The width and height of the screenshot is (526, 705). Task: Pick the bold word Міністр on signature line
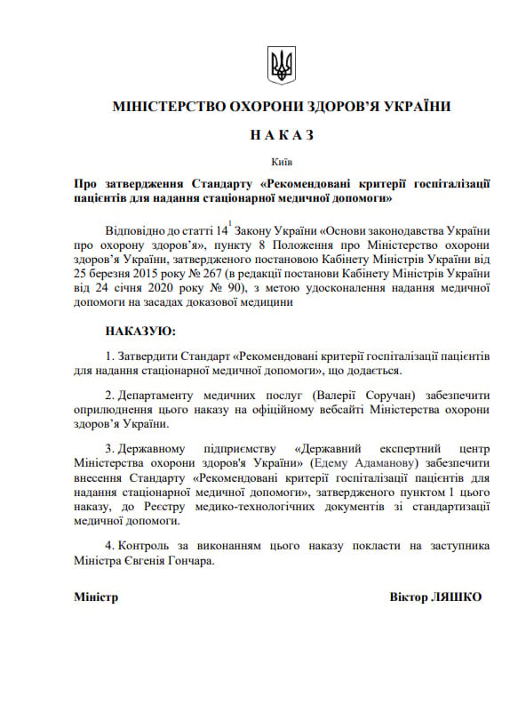coord(96,596)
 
